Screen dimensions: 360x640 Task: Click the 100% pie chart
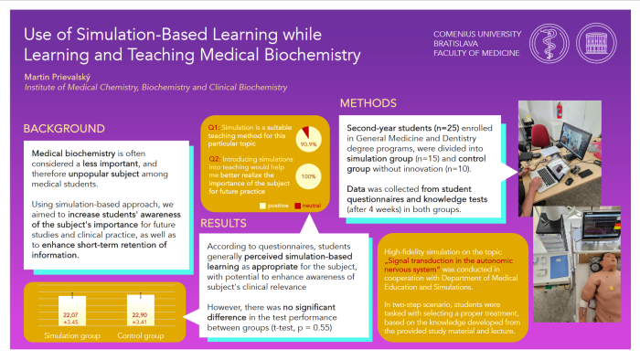point(307,175)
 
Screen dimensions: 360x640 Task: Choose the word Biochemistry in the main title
point(308,56)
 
